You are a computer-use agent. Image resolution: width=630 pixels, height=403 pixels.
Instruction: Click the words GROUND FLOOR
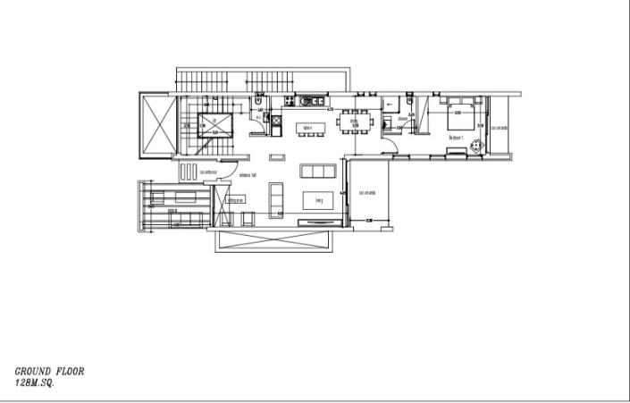point(49,370)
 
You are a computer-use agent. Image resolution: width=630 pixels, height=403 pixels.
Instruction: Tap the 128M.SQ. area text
point(36,382)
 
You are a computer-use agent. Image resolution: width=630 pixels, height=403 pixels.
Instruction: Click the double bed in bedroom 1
point(461,113)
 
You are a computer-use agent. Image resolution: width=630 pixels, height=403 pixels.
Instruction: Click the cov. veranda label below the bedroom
point(366,193)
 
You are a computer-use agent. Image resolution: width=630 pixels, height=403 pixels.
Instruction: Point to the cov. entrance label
point(210,172)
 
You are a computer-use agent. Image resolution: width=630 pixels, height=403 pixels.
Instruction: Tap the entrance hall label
point(248,175)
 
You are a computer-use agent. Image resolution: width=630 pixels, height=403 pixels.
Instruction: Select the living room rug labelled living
point(319,199)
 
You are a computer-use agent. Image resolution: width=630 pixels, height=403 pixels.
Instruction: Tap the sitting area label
point(237,200)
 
